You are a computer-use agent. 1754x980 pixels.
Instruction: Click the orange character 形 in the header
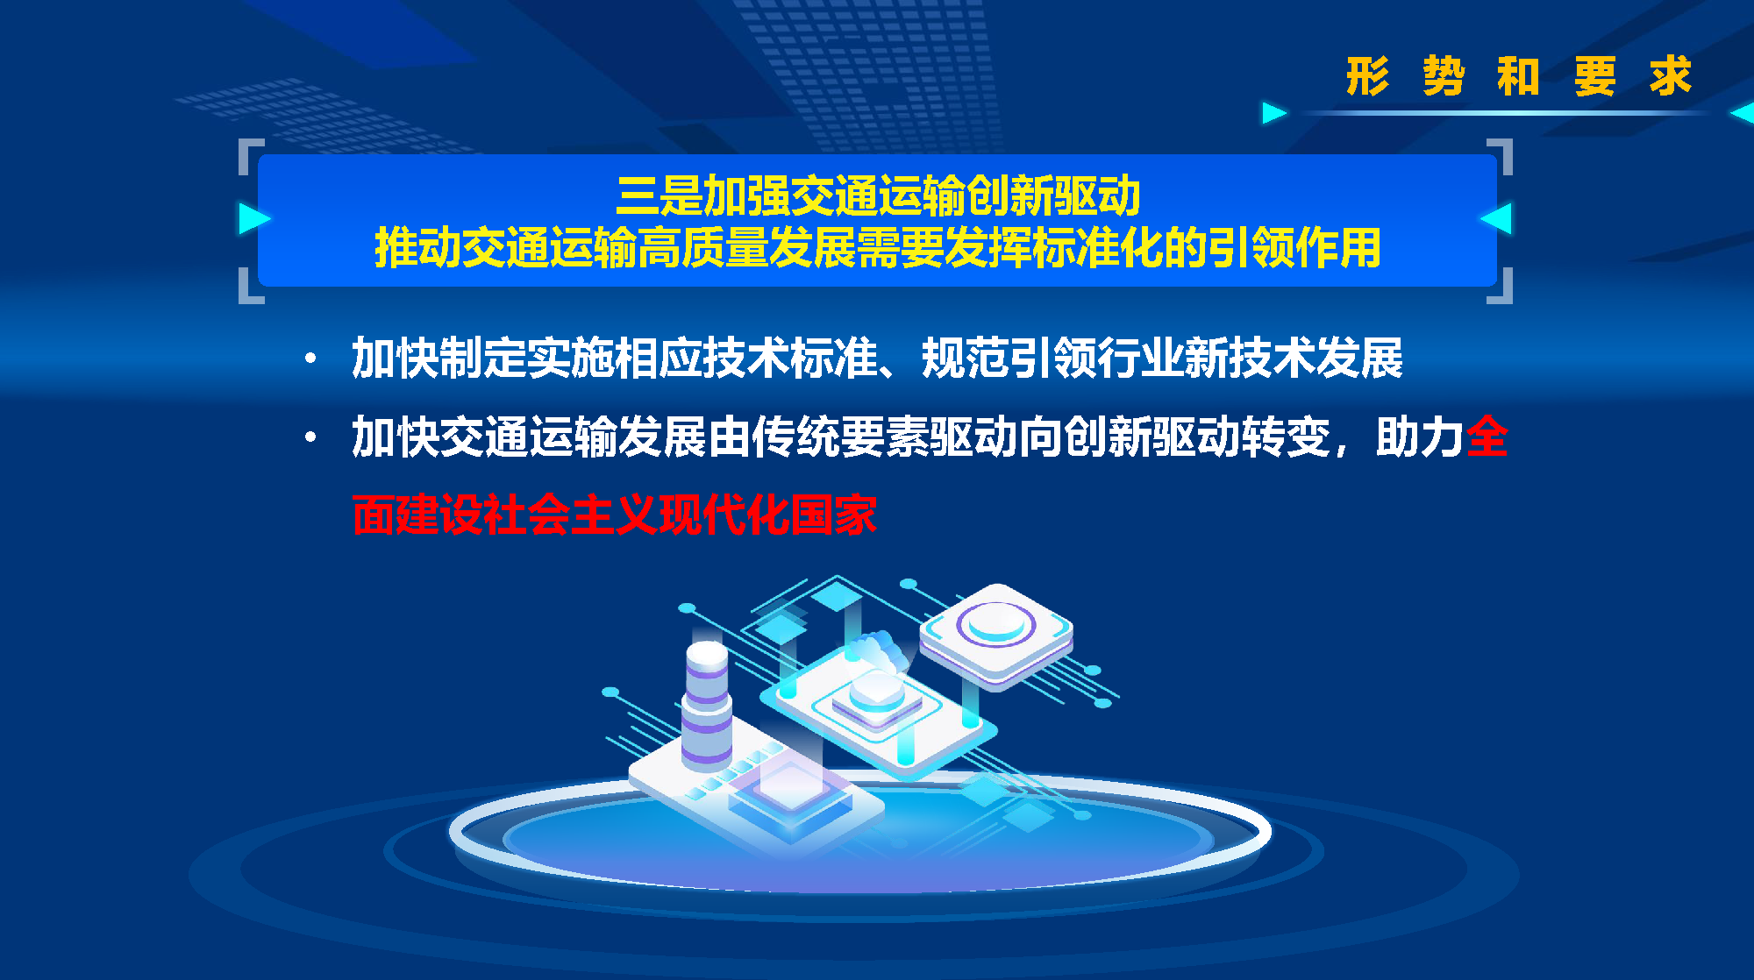[1367, 76]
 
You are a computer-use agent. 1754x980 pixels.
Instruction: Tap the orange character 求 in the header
[1670, 76]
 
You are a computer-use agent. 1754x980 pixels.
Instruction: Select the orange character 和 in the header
[1519, 76]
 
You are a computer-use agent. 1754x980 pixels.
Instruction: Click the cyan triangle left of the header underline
[1273, 113]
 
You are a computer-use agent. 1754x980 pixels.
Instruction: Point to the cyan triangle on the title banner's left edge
[253, 218]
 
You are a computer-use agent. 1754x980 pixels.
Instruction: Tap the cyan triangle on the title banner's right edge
[1498, 218]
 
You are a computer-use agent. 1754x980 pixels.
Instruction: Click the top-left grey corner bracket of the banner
[250, 153]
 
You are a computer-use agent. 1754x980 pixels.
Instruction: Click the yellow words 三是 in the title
[660, 195]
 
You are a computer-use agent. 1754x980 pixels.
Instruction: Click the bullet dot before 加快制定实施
[310, 358]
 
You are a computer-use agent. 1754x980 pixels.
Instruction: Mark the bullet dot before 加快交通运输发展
[310, 437]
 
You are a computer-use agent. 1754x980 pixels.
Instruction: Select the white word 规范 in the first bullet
[965, 358]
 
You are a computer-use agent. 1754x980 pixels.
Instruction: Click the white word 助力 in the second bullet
[1419, 437]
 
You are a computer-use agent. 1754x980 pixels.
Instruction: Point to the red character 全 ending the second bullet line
[1487, 437]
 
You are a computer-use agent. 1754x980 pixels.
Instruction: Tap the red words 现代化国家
[767, 515]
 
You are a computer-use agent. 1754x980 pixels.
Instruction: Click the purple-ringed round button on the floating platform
[995, 625]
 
